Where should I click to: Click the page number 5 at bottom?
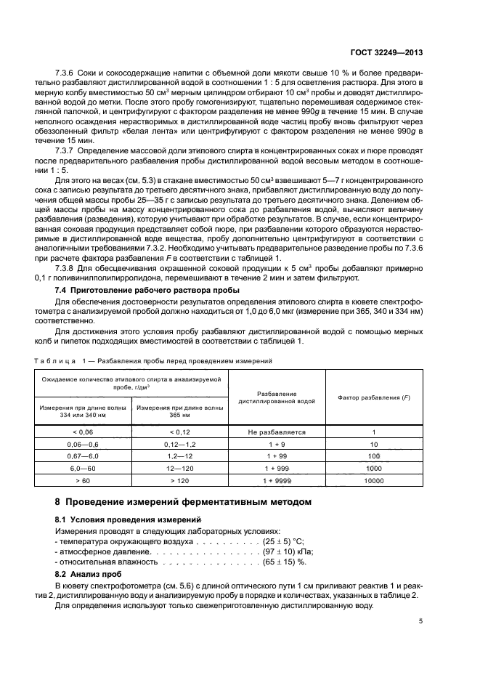[420, 621]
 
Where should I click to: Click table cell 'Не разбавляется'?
[277, 432]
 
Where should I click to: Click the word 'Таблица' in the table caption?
[54, 361]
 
